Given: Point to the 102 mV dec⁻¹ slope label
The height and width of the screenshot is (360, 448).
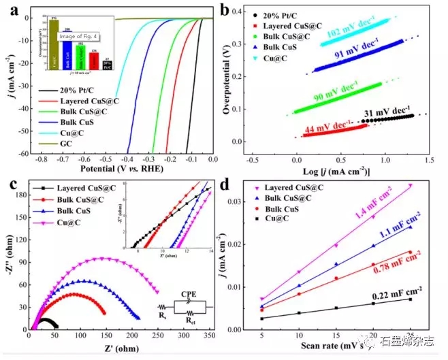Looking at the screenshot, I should pyautogui.click(x=350, y=32).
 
